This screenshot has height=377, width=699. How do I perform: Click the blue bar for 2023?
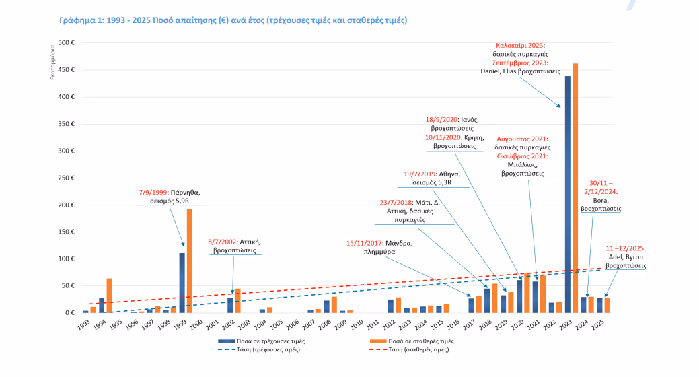point(568,195)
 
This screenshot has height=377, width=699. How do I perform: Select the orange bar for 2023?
point(575,188)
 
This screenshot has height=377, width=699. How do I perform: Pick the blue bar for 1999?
point(182,283)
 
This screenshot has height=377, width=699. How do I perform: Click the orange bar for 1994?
point(109,296)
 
